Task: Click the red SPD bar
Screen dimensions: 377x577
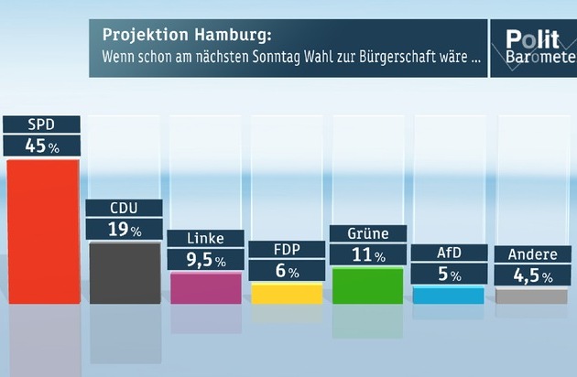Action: [42, 231]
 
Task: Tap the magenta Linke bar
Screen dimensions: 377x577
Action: [206, 287]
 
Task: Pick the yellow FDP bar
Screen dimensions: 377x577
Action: [287, 293]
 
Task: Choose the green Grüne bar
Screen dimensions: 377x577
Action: [367, 285]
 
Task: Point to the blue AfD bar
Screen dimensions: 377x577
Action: [448, 295]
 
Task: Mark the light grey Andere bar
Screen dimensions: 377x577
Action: [529, 296]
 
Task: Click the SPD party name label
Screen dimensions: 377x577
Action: [42, 124]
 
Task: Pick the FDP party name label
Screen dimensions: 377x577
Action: [287, 250]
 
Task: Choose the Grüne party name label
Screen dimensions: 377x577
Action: [367, 233]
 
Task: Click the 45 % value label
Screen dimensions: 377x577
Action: [42, 145]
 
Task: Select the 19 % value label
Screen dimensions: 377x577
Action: [125, 230]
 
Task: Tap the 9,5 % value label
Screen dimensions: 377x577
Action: [206, 261]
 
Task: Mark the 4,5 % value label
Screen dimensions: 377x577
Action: [529, 274]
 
